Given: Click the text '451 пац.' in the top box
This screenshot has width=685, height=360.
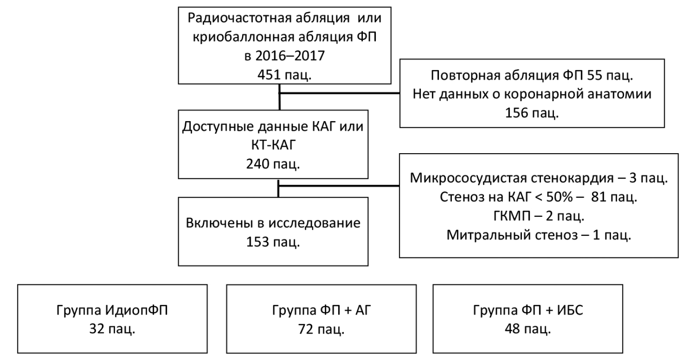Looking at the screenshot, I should (x=284, y=74).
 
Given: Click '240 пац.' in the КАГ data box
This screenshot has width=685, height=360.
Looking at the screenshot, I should (x=273, y=164).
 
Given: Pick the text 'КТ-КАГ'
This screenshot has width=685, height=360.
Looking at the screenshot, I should (x=273, y=145).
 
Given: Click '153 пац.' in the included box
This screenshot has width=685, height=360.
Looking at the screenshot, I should (x=273, y=241).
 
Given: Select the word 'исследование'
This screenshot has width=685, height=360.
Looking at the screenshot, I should (x=314, y=223).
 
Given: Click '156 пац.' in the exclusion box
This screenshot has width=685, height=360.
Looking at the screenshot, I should (x=532, y=113).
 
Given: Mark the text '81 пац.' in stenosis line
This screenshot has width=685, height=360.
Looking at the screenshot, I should (x=614, y=197).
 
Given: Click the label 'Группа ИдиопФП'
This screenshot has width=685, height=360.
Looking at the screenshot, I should (x=112, y=310).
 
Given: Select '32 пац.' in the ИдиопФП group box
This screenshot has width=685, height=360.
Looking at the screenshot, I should (x=112, y=329).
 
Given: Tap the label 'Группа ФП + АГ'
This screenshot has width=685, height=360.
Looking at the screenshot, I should (x=321, y=310).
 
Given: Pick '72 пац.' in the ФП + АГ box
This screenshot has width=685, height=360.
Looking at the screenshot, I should (x=321, y=329).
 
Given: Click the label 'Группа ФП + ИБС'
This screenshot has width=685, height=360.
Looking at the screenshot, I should (x=528, y=310).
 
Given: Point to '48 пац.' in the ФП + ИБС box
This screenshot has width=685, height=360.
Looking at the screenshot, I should (x=528, y=329).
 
